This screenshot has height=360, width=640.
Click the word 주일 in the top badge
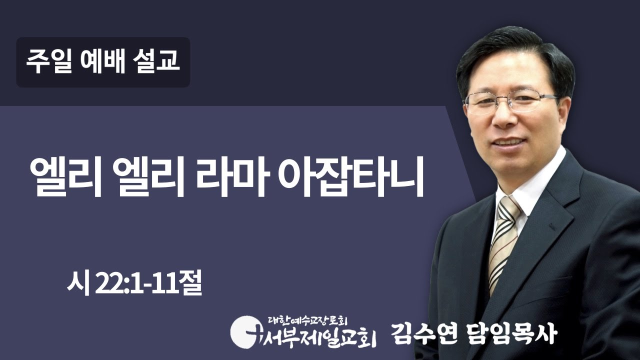pyautogui.click(x=48, y=62)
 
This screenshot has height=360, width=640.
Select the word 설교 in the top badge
pyautogui.click(x=157, y=62)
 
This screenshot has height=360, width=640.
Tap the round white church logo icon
pyautogui.click(x=243, y=329)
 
